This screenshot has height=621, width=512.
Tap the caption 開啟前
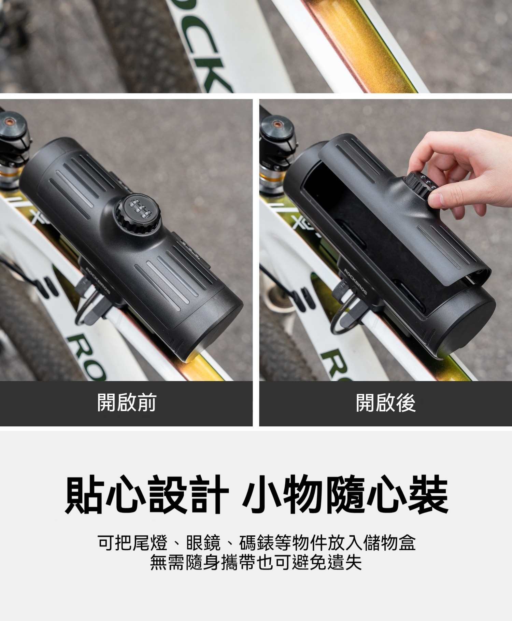[x=127, y=403]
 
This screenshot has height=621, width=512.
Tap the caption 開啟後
[x=386, y=403]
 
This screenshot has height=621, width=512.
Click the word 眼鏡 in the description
[x=204, y=543]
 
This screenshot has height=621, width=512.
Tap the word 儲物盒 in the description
[x=390, y=543]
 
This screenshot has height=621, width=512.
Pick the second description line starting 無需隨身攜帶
[x=256, y=563]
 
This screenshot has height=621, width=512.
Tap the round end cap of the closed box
[x=218, y=328]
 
